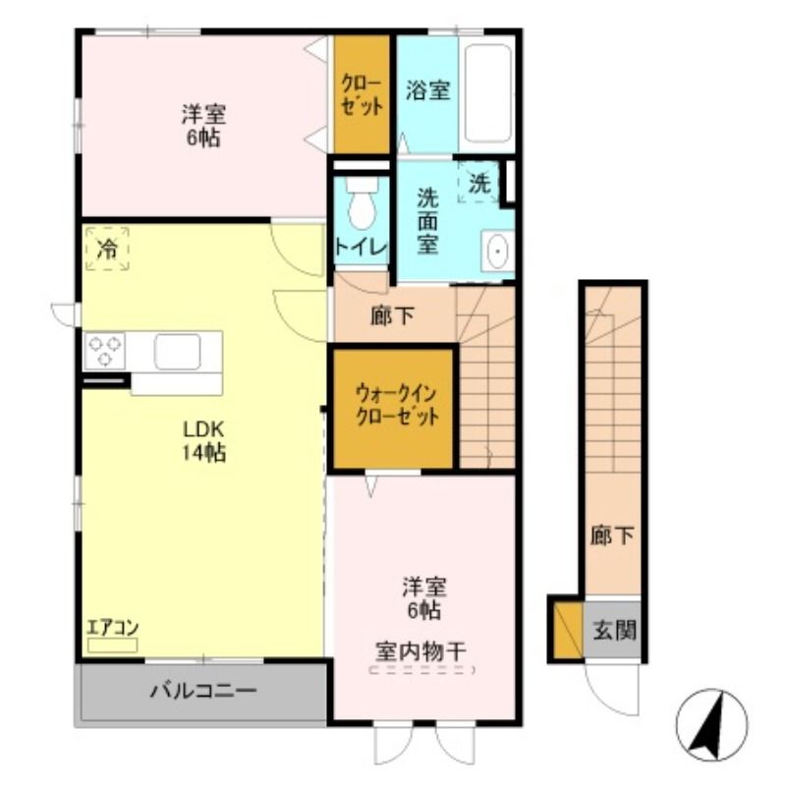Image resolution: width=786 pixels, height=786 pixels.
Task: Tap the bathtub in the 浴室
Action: [x=487, y=93]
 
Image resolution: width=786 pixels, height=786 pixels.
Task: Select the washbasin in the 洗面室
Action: [x=497, y=251]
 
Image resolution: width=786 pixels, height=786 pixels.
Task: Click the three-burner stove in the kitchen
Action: [x=105, y=351]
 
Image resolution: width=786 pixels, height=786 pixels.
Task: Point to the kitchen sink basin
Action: [x=178, y=351]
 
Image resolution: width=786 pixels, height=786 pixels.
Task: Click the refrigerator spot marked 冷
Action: [x=107, y=250]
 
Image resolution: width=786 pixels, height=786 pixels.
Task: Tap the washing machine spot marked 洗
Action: [x=478, y=182]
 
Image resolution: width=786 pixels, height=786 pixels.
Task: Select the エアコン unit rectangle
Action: [x=112, y=646]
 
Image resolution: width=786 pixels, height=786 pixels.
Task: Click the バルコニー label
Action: [x=203, y=692]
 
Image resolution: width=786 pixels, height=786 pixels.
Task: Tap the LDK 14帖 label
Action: [x=203, y=441]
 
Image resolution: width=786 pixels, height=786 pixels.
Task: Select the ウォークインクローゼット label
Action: [x=396, y=405]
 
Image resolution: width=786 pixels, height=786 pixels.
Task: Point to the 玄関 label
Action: [x=615, y=630]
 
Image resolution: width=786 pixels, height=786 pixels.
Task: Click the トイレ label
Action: [x=362, y=248]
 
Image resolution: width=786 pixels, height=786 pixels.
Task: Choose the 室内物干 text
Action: [x=421, y=651]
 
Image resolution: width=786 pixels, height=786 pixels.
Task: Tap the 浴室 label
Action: [x=427, y=90]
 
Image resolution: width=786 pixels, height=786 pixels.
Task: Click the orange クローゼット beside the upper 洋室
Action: [x=362, y=93]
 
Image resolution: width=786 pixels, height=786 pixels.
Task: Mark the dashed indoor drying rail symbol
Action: [x=422, y=670]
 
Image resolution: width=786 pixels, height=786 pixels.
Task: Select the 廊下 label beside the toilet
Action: [x=392, y=315]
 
